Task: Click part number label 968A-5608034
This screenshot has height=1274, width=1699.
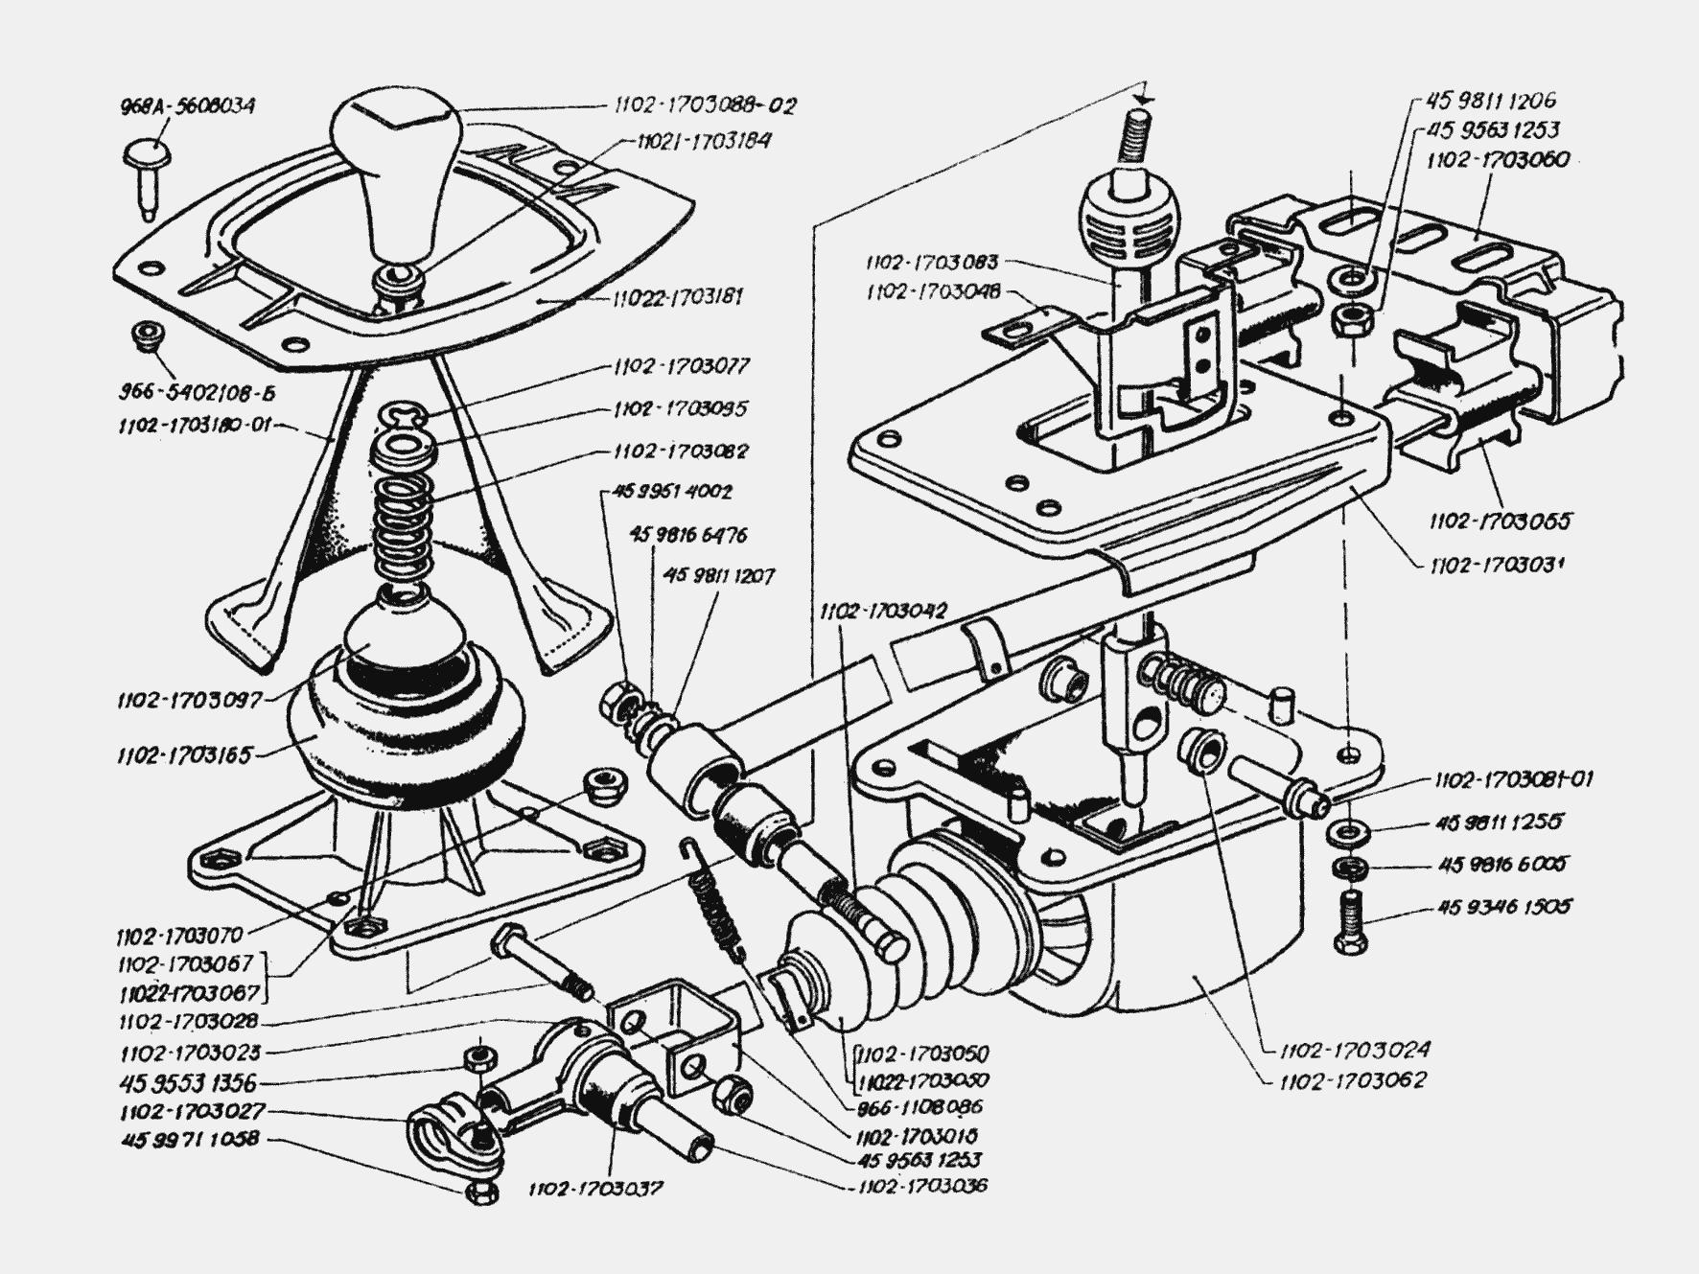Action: pos(187,105)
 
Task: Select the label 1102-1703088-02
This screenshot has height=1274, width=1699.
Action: pos(706,105)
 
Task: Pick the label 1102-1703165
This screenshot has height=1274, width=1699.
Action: pos(184,755)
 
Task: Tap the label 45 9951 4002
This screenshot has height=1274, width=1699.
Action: pos(671,492)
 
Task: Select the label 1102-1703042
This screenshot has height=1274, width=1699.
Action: pos(883,610)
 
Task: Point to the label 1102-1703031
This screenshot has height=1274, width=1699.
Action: pos(1497,565)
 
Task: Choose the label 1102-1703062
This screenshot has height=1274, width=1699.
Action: pos(1353,1080)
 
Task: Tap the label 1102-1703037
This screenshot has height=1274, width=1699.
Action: pos(594,1189)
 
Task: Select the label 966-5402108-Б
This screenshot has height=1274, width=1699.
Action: pos(204,394)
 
